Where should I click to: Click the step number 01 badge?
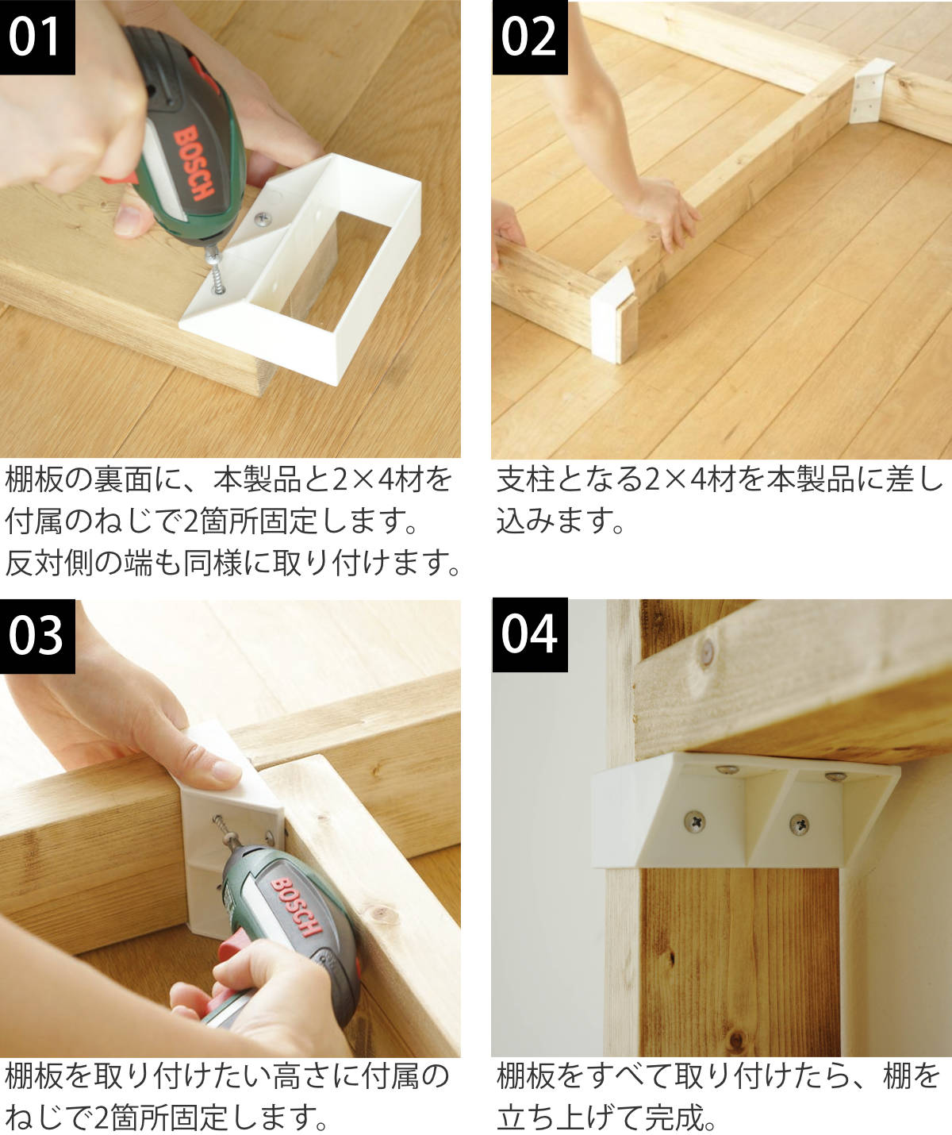click(x=37, y=37)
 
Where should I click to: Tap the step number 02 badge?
click(x=530, y=37)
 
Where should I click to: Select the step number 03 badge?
click(x=37, y=636)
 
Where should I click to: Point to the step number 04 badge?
click(x=530, y=635)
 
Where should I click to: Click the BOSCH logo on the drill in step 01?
click(x=194, y=162)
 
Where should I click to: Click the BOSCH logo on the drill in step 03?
click(x=297, y=907)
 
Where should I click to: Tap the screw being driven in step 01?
click(x=216, y=271)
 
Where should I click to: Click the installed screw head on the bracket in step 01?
click(x=264, y=219)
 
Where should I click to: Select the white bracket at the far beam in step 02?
click(x=870, y=91)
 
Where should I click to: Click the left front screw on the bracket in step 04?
click(x=694, y=822)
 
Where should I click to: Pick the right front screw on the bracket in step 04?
click(x=800, y=825)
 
